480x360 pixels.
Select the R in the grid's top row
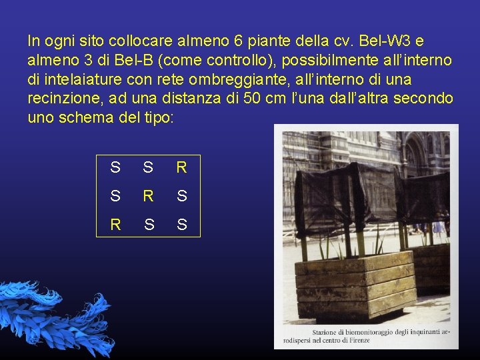point(181,168)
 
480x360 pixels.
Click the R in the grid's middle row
point(149,197)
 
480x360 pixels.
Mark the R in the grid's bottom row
point(116,225)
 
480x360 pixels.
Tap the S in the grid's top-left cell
point(116,168)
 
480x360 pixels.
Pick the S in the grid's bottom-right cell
point(181,225)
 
